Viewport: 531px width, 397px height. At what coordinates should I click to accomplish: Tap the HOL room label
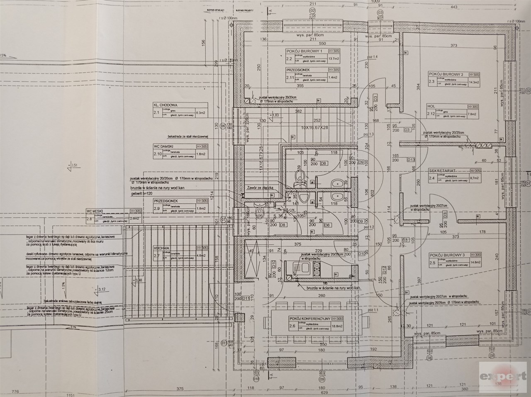431,106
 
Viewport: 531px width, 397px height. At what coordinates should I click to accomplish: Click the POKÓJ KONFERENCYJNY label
309,319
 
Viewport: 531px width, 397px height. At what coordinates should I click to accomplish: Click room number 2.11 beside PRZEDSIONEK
290,77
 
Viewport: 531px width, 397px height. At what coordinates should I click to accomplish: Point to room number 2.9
157,208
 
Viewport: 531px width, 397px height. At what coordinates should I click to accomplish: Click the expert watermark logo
502,376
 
